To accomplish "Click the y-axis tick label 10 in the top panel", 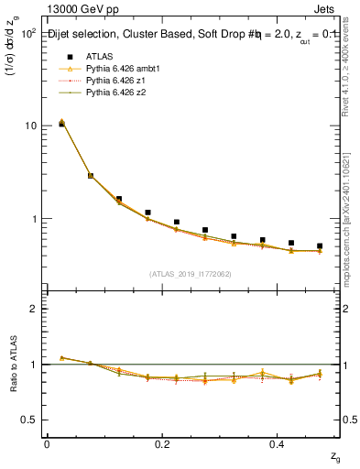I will [x=29, y=125].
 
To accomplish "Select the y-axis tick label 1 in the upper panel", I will [x=33, y=220].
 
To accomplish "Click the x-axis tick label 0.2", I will [x=162, y=443].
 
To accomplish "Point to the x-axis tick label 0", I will [x=47, y=443].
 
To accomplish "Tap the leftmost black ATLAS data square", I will [x=61, y=124].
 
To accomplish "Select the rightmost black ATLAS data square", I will [x=320, y=246].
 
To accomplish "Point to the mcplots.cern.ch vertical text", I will [x=351, y=224].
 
